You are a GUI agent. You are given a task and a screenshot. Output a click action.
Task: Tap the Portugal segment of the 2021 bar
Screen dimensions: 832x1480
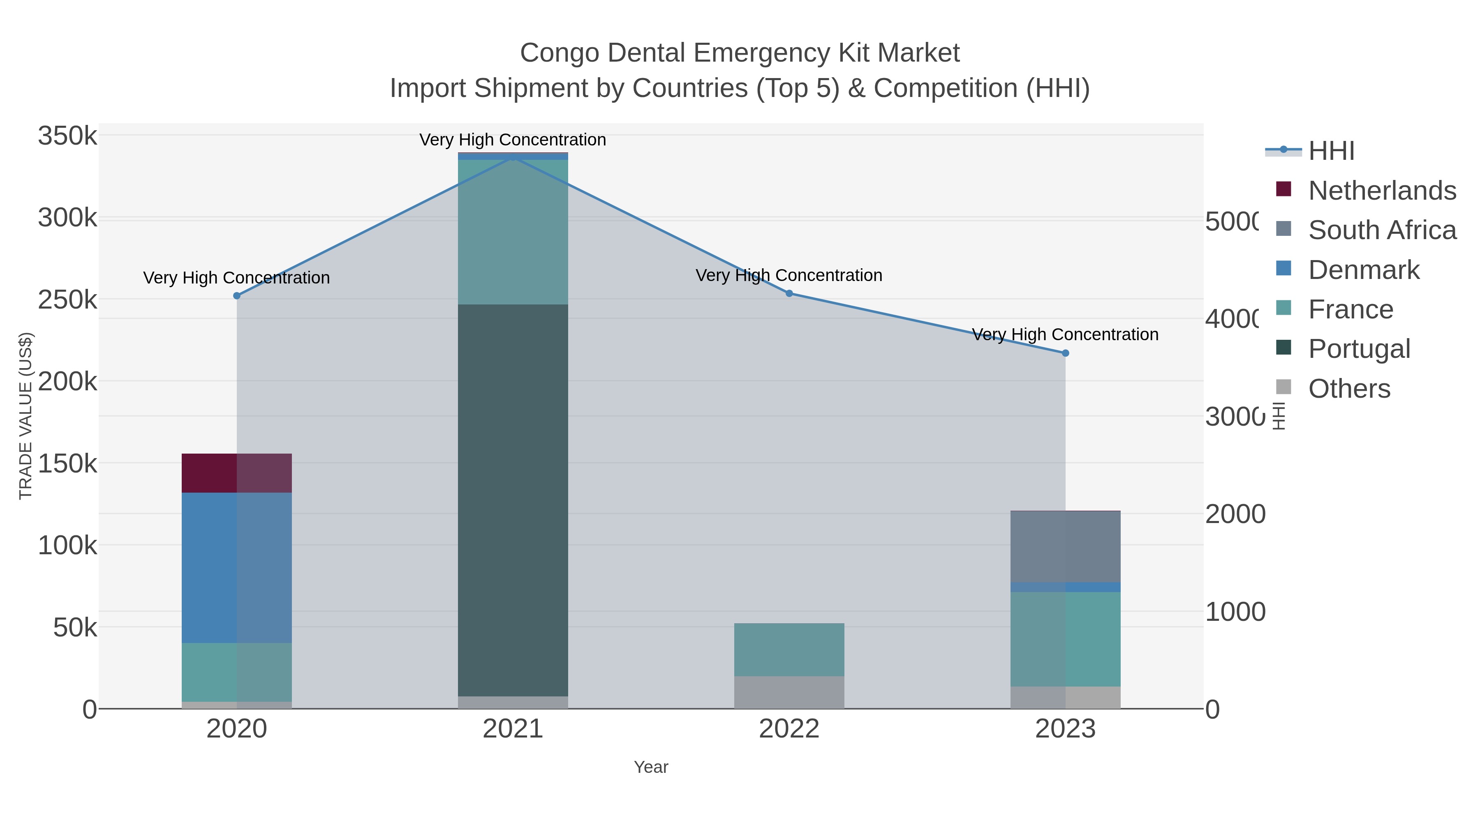pyautogui.click(x=513, y=500)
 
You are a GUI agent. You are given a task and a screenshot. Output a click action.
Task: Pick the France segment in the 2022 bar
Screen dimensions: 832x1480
pyautogui.click(x=789, y=650)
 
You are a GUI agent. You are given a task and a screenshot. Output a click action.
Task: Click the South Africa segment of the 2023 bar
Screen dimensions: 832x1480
pyautogui.click(x=1065, y=546)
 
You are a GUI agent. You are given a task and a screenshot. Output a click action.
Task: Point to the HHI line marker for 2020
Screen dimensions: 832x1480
pyautogui.click(x=237, y=296)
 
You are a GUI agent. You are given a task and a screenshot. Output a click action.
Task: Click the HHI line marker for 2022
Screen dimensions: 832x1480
pyautogui.click(x=789, y=293)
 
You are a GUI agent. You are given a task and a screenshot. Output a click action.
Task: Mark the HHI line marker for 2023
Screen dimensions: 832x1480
pyautogui.click(x=1065, y=353)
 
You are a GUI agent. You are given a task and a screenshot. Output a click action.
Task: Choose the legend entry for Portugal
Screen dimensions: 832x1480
pyautogui.click(x=1358, y=348)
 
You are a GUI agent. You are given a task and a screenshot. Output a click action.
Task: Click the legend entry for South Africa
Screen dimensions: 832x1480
pyautogui.click(x=1381, y=230)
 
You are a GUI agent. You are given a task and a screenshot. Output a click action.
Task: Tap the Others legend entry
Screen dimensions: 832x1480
pyautogui.click(x=1348, y=389)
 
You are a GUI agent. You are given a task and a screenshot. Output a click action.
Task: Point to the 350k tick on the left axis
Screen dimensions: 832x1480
pyautogui.click(x=67, y=137)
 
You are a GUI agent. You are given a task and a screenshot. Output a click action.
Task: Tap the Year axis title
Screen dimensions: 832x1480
pyautogui.click(x=650, y=767)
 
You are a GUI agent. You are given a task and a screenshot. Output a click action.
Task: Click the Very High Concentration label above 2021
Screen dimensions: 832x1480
pyautogui.click(x=513, y=140)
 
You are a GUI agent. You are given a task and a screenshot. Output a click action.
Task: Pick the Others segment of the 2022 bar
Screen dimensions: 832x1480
pyautogui.click(x=789, y=692)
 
